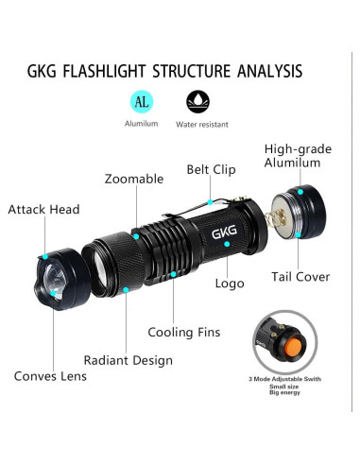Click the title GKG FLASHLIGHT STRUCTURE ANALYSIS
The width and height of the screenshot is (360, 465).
179,71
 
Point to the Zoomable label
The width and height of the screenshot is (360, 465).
133,179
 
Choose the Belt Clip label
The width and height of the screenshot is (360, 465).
212,171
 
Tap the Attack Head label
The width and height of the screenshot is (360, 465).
43,209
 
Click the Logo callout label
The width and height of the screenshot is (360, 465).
230,283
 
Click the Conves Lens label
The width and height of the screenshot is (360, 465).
50,376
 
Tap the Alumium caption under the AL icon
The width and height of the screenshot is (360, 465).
141,124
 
